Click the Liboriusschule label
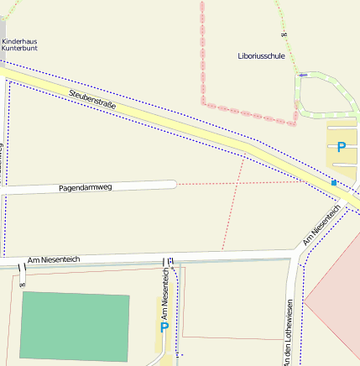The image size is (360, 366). (262, 56)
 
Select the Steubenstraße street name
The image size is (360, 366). (92, 101)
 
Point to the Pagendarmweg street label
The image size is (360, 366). (85, 188)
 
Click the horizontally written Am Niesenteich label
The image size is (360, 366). (53, 259)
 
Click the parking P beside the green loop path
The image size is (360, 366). (341, 148)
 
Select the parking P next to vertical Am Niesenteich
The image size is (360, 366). (164, 327)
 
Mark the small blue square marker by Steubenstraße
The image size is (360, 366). (334, 182)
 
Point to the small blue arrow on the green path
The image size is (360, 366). (302, 76)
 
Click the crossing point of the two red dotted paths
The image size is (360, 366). (238, 182)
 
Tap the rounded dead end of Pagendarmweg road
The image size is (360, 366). (172, 184)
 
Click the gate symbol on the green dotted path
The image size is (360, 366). (284, 34)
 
